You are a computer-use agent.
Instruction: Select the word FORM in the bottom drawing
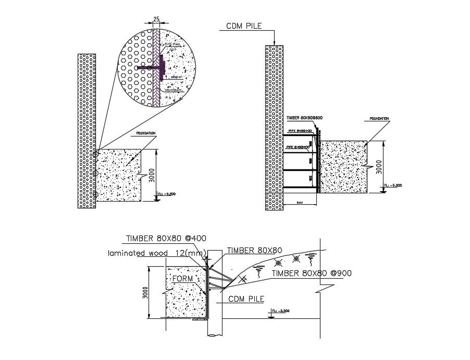[x=182, y=279]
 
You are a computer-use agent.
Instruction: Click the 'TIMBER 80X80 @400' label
[x=166, y=239]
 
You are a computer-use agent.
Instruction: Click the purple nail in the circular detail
[x=151, y=68]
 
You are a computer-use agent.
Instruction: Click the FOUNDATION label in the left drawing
[x=146, y=134]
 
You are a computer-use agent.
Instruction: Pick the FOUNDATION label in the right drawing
[x=379, y=119]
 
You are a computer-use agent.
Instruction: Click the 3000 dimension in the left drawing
[x=152, y=175]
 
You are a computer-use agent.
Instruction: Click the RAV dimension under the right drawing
[x=300, y=202]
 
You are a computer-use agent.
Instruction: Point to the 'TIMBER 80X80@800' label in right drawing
[x=304, y=118]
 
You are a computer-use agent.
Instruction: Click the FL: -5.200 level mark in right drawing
[x=393, y=185]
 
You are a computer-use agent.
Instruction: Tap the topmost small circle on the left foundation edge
[x=96, y=154]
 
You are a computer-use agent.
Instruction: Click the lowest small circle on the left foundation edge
[x=96, y=195]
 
